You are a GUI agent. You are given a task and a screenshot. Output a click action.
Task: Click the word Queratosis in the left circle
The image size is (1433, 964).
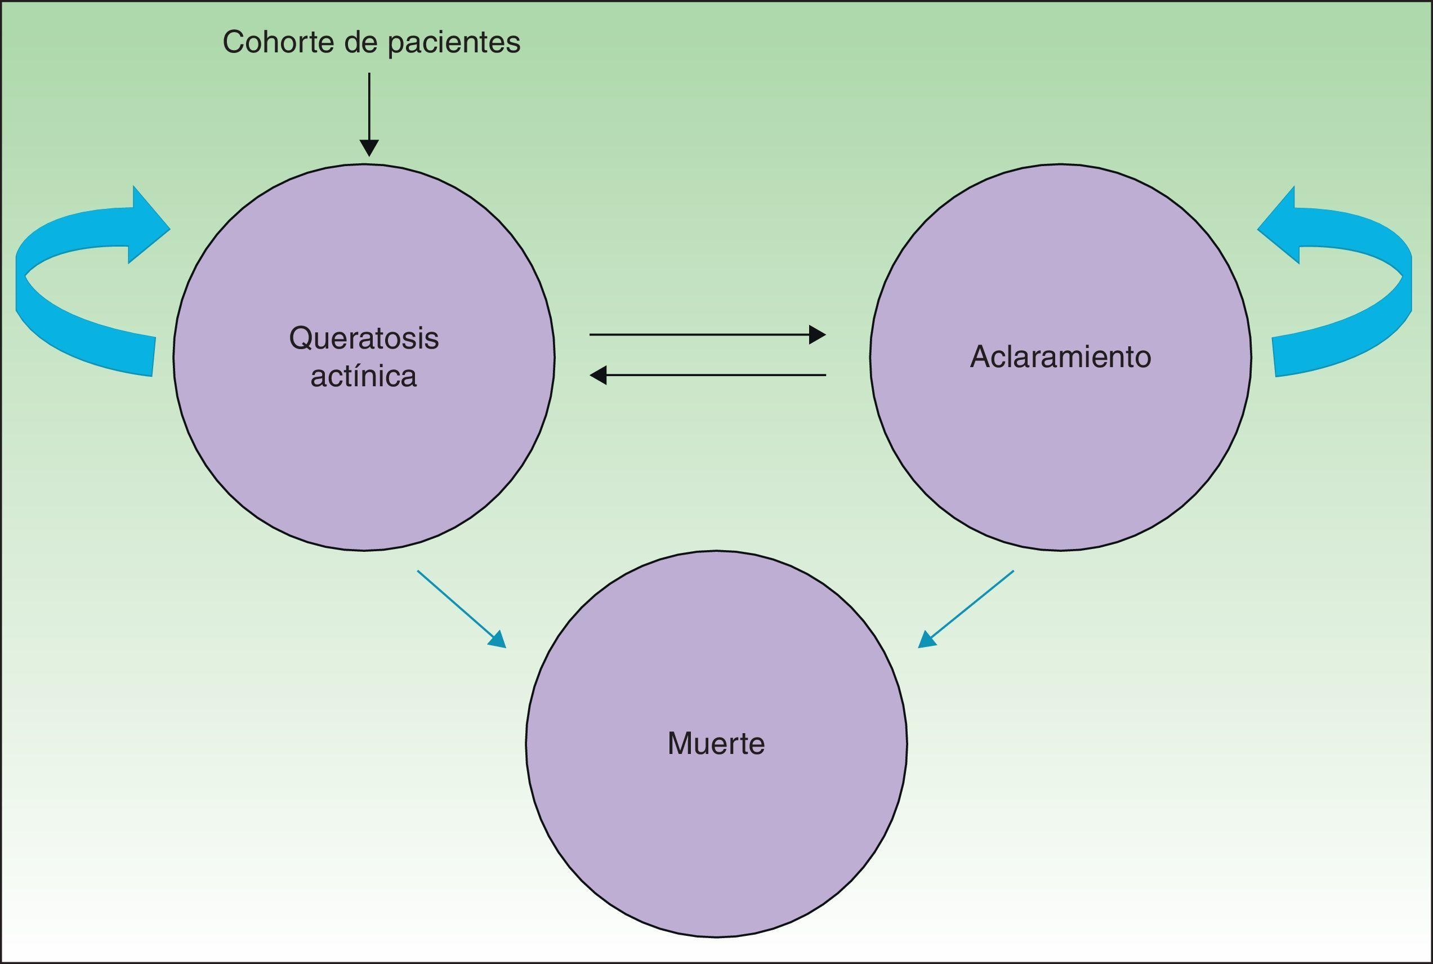coord(364,338)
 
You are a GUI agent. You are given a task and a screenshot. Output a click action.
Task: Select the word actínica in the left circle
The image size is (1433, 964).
coord(364,376)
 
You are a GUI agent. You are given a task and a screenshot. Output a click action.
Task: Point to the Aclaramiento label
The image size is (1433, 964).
coord(1060,357)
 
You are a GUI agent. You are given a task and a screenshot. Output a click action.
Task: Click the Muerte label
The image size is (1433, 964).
coord(716,743)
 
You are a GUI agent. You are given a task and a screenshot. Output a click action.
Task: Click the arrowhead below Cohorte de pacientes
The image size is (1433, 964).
coord(369,148)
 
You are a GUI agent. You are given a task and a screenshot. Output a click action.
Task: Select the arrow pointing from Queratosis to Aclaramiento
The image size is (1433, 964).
coord(707,335)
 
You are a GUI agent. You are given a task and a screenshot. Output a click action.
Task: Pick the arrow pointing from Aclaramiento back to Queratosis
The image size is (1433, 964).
coord(707,374)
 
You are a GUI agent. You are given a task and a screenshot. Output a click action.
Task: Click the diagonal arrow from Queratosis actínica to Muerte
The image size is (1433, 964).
coord(461,609)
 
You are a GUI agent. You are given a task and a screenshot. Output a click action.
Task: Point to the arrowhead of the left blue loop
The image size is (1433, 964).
coord(148,228)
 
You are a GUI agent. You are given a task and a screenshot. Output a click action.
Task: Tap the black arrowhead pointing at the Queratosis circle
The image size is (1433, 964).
coord(597,374)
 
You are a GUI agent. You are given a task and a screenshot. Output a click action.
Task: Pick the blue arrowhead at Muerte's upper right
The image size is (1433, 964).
coord(926,640)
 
